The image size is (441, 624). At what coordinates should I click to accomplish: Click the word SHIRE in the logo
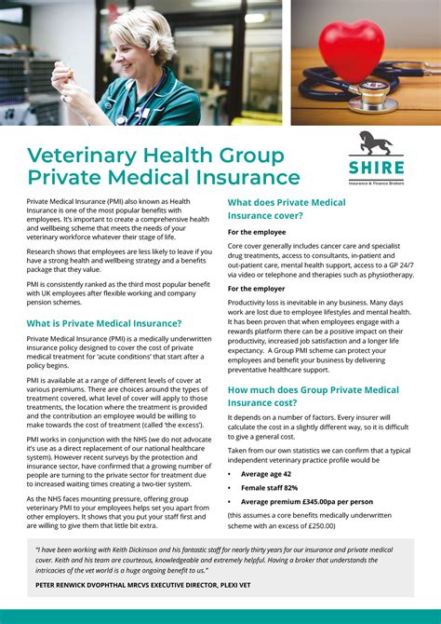377,168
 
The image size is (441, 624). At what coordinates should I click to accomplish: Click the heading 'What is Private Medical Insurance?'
104,323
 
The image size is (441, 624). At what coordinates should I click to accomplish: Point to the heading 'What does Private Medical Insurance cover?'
287,209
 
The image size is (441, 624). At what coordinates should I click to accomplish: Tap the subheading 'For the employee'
257,231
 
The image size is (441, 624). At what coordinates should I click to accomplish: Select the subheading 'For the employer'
257,289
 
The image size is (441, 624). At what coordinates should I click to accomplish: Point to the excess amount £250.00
314,526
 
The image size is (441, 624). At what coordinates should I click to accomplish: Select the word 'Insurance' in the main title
248,177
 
